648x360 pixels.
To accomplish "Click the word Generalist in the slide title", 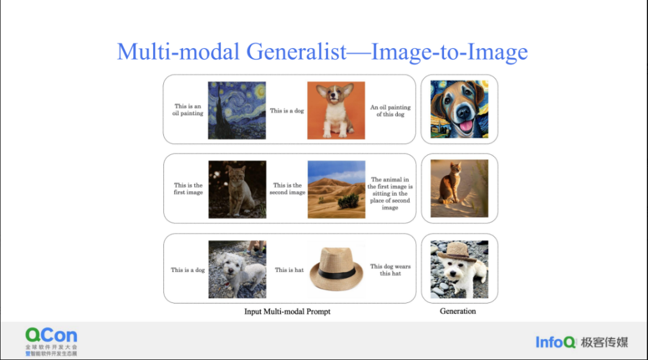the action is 296,52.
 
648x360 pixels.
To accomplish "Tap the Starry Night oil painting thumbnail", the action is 237,110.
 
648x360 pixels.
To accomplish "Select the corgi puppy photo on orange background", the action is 336,110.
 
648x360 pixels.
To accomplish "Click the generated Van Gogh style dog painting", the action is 459,109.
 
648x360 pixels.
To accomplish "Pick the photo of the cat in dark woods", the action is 237,189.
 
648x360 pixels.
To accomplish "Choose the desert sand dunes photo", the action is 337,189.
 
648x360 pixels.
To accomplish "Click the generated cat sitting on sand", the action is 459,188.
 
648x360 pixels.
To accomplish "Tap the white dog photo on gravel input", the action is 237,269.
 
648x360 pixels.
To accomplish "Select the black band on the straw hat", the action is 337,273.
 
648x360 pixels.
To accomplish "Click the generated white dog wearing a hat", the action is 459,269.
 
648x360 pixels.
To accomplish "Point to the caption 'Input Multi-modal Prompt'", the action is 287,311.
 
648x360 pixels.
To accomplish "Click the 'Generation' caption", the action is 457,311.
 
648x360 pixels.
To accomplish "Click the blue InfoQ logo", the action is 556,342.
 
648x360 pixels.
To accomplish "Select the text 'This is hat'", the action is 289,270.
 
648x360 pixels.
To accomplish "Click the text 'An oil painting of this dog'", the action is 391,111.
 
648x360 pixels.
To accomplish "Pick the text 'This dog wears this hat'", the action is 391,270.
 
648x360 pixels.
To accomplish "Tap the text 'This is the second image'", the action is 287,189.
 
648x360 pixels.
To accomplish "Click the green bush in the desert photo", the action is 349,201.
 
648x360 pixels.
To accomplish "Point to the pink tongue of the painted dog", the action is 465,125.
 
